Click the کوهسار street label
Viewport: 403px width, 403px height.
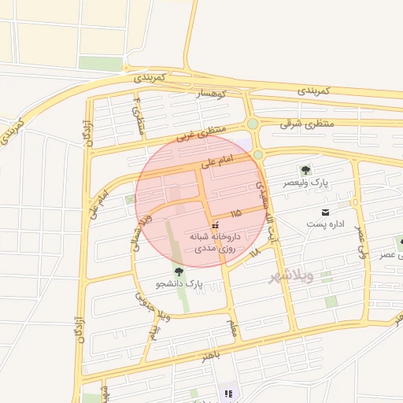pos(211,94)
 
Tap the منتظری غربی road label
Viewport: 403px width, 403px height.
pos(201,131)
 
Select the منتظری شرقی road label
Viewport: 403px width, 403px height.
pos(308,124)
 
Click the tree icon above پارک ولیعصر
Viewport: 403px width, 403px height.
pos(305,170)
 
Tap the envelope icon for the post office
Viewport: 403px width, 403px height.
pos(324,213)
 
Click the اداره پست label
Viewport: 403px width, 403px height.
pos(324,226)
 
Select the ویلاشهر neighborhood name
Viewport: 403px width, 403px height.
pos(290,276)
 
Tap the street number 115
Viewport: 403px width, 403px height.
pos(236,214)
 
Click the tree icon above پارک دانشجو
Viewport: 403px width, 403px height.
pos(179,271)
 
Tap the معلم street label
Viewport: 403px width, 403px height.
pos(232,327)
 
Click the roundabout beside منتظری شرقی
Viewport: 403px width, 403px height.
pos(253,124)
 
